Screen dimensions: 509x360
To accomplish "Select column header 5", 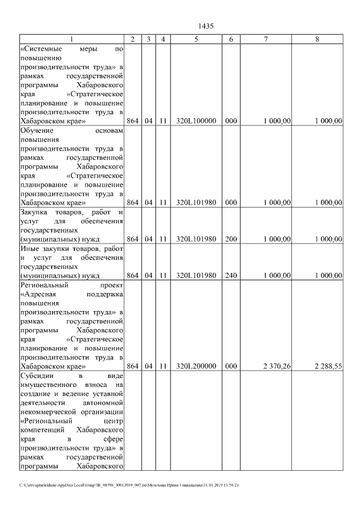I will pyautogui.click(x=196, y=39).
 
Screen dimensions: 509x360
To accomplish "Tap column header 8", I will pyautogui.click(x=317, y=39).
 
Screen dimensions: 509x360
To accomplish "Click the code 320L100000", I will pyautogui.click(x=196, y=121).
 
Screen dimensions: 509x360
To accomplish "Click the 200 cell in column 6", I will pyautogui.click(x=231, y=239).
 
